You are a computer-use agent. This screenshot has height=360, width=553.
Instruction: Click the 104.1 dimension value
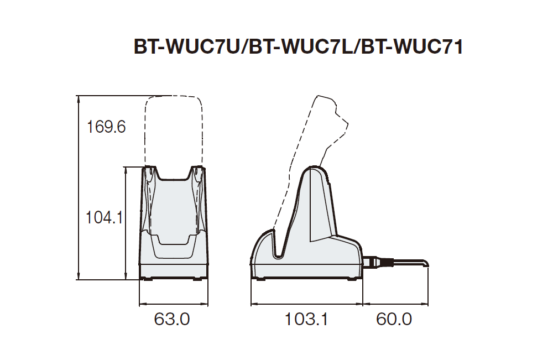point(104,218)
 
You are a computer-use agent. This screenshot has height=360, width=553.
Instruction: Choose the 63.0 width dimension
point(172,319)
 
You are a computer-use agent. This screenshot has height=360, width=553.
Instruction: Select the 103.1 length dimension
point(306,319)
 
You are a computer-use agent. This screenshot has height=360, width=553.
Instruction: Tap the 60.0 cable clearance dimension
point(394,319)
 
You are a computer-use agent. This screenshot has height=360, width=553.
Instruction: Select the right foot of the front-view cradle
point(197,278)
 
